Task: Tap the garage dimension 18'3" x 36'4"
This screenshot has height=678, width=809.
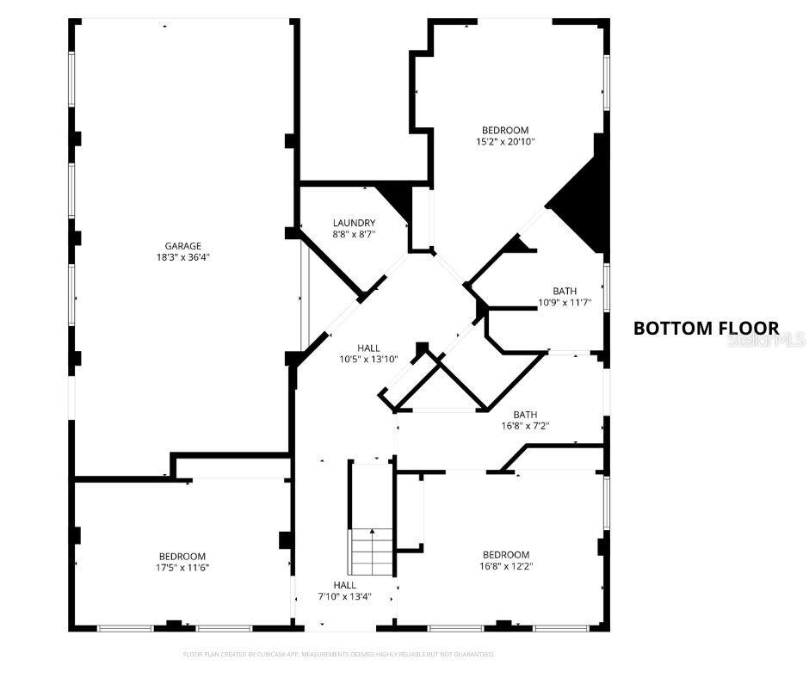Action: click(183, 256)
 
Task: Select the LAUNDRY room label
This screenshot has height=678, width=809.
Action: click(354, 223)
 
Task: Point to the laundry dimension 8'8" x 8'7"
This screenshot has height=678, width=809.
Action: click(354, 234)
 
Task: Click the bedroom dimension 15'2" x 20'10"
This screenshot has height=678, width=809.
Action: click(506, 142)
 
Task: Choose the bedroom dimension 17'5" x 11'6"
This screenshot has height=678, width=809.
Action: click(182, 567)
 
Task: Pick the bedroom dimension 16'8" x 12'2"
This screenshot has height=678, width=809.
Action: click(506, 566)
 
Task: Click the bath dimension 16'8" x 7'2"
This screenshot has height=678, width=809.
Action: click(525, 425)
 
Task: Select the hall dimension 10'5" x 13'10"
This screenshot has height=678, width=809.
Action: click(369, 360)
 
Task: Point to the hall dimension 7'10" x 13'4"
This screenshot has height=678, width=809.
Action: click(344, 596)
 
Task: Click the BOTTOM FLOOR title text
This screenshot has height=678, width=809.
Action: click(706, 328)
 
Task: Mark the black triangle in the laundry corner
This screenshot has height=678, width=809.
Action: click(397, 200)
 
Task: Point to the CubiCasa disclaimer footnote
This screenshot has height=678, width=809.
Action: click(339, 654)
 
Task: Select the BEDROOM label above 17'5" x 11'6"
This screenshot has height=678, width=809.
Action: click(182, 556)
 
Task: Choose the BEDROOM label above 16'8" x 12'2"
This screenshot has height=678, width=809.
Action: click(506, 555)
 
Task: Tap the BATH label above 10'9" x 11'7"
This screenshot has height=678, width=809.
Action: click(565, 291)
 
